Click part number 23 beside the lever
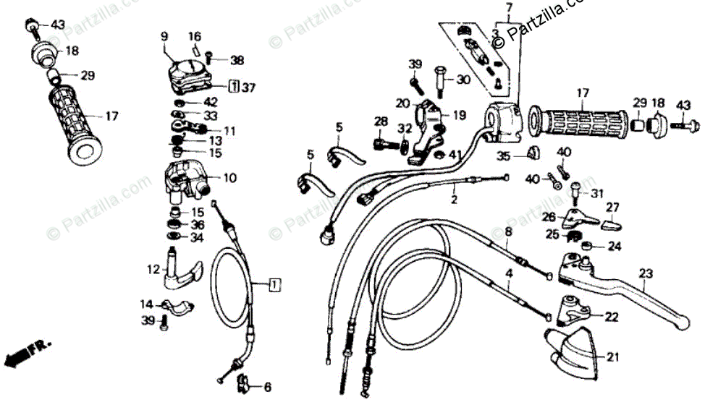pos(646,273)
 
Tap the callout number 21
pos(614,357)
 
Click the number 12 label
pos(153,270)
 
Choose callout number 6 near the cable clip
pos(267,386)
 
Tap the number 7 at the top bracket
pos(509,8)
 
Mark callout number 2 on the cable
pos(454,197)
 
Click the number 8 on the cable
pos(508,232)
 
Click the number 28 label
pos(381,121)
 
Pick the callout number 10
pos(230,177)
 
